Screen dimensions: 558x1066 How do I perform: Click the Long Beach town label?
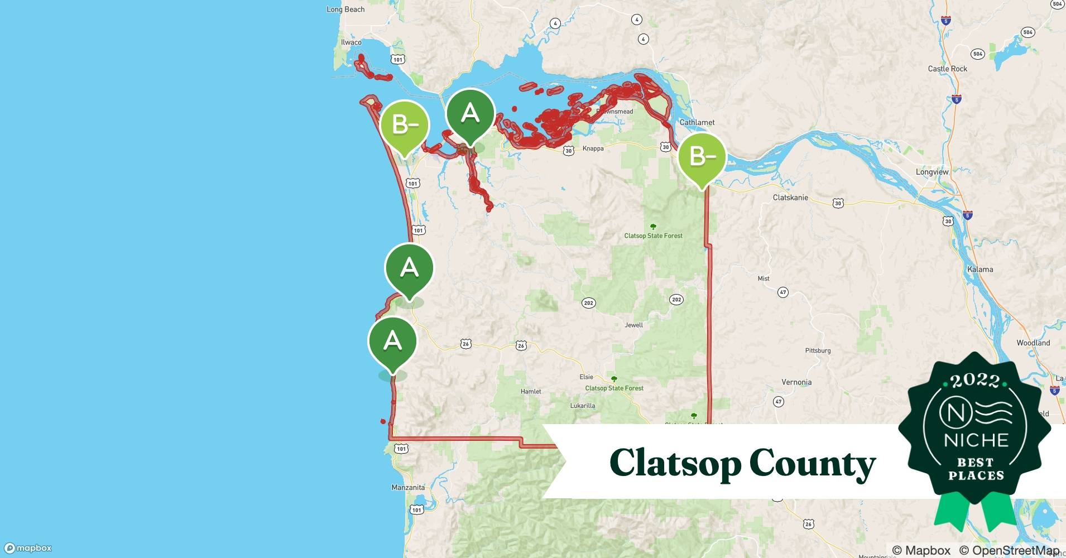point(345,9)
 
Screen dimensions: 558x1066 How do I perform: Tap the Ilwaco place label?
point(351,42)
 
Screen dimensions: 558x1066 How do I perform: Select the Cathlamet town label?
point(697,122)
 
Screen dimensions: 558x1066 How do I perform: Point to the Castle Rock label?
point(947,69)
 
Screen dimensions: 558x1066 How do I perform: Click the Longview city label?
point(932,172)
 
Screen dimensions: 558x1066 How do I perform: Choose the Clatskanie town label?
point(790,198)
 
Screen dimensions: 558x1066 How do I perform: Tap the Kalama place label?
point(980,269)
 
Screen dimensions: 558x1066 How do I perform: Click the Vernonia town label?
point(796,382)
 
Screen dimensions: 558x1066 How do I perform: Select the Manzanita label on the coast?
point(408,487)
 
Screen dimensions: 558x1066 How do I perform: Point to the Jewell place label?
point(633,325)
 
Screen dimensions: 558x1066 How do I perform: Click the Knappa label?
point(593,148)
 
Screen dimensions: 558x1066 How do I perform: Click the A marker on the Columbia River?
point(470,114)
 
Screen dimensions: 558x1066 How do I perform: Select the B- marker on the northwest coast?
point(405,125)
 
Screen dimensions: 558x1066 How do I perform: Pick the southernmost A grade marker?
point(392,341)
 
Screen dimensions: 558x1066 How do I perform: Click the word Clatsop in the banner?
point(674,463)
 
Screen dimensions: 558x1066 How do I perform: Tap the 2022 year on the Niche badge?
point(975,381)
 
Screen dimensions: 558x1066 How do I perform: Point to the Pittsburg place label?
point(818,350)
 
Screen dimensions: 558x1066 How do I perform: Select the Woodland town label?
point(1033,343)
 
